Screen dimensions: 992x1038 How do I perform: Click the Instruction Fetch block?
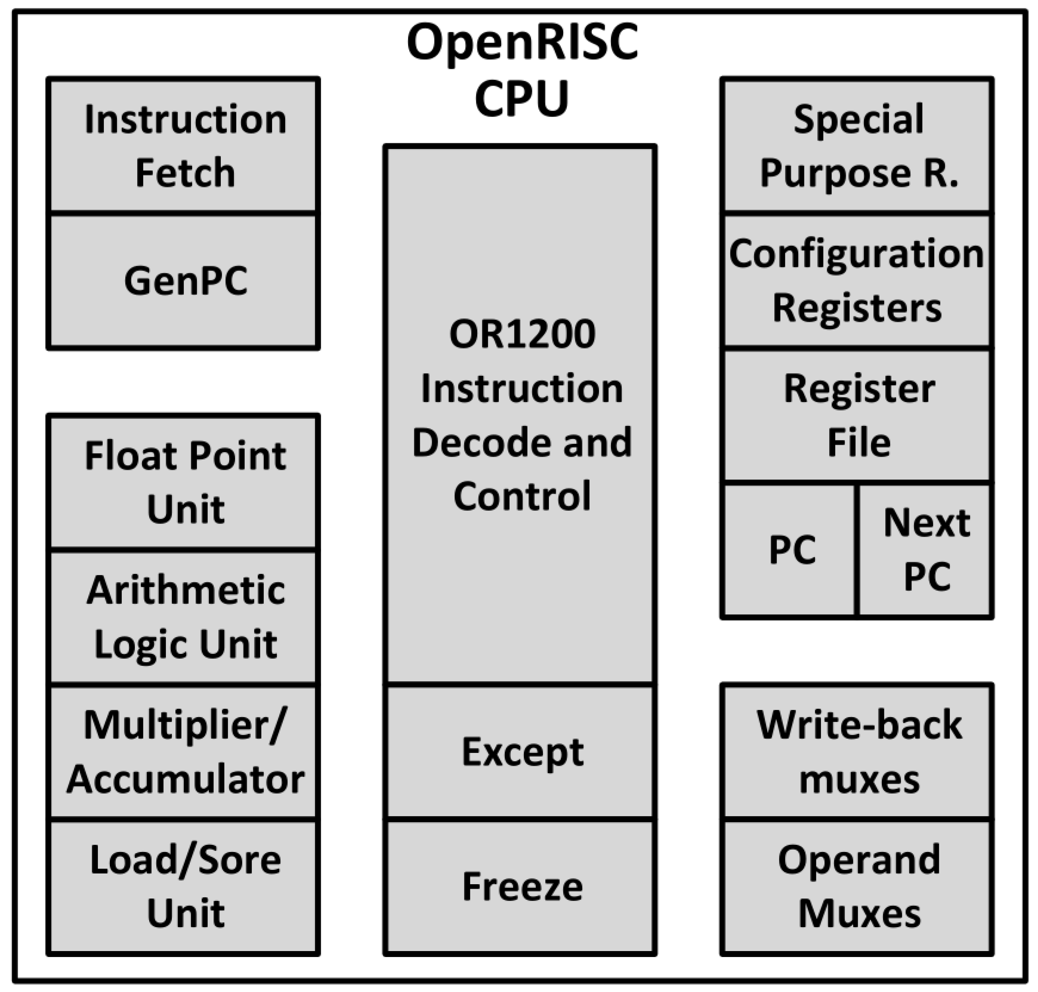click(183, 146)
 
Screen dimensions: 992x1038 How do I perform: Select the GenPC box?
click(183, 281)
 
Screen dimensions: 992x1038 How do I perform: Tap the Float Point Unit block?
click(183, 482)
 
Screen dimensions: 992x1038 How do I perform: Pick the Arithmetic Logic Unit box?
click(183, 617)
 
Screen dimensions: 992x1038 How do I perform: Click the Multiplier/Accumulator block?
click(183, 752)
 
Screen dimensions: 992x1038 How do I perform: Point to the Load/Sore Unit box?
click(183, 887)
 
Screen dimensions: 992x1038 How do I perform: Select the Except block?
click(521, 752)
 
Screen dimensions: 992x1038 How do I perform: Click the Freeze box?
click(521, 887)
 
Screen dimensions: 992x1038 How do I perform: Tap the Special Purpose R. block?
click(857, 146)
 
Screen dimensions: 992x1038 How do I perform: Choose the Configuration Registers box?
click(857, 281)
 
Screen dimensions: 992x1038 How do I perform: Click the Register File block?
click(857, 416)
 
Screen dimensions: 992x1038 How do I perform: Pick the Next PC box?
click(925, 550)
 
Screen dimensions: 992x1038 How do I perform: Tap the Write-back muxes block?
click(857, 752)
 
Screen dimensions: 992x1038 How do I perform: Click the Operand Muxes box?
click(857, 887)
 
